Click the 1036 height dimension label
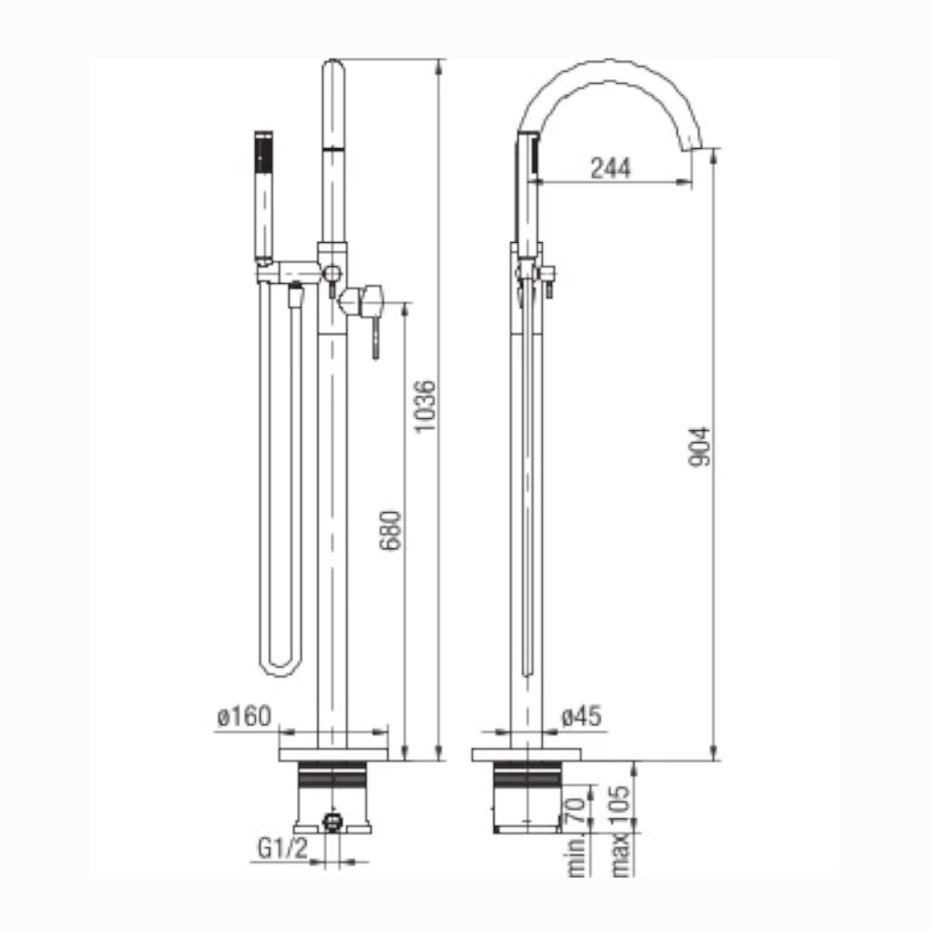pos(425,408)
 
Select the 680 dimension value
pos(391,531)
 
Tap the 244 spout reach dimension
pos(611,168)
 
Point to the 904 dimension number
pos(699,447)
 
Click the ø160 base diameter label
pos(245,717)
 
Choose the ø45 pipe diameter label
pos(581,716)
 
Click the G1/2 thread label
pos(283,848)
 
